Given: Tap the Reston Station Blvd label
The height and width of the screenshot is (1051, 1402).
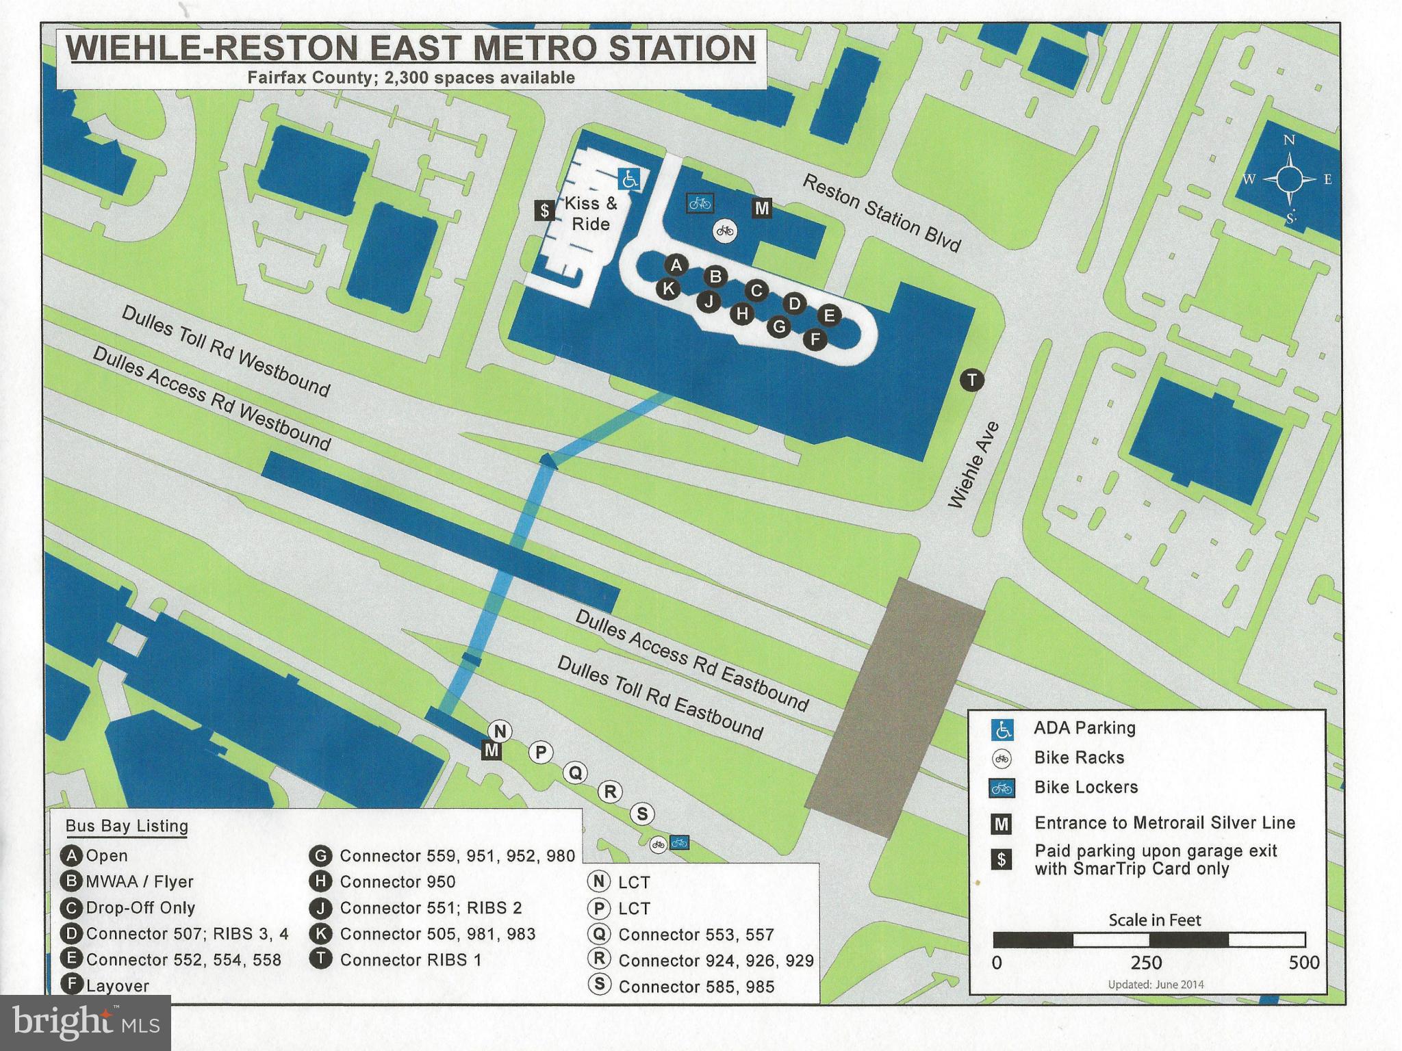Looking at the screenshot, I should pos(882,213).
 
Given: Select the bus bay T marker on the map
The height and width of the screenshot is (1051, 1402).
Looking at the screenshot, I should pos(972,380).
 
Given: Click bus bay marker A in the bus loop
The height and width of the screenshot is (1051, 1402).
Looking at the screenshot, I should pos(676,265).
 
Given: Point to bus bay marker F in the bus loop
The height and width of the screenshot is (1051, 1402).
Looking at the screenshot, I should pos(815,339).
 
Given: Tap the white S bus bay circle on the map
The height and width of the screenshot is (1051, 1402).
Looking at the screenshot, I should pos(642,814).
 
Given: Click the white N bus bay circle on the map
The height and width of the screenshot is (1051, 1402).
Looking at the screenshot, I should pos(500,731).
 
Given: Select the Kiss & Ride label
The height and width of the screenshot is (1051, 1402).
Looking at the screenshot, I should pos(590,213).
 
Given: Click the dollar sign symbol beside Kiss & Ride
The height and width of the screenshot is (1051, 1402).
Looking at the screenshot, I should pos(544,210).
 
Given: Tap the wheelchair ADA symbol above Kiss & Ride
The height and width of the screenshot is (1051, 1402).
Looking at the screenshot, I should pos(629,179).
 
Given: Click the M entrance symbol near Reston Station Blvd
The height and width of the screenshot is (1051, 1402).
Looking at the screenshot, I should pos(761,208).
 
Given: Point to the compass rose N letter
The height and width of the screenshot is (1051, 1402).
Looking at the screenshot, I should pos(1289,140).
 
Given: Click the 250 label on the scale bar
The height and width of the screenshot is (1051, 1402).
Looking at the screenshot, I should pos(1146,963).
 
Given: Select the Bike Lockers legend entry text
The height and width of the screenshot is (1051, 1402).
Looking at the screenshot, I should pos(1086,788).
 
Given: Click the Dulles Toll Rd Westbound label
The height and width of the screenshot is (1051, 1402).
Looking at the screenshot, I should pos(226,351).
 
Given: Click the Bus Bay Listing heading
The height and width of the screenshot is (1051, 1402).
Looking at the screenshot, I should pos(127,826).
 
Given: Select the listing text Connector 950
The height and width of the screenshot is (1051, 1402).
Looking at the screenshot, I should pos(397,882).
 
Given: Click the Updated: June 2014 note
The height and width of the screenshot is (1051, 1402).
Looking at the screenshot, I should pos(1156,985).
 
